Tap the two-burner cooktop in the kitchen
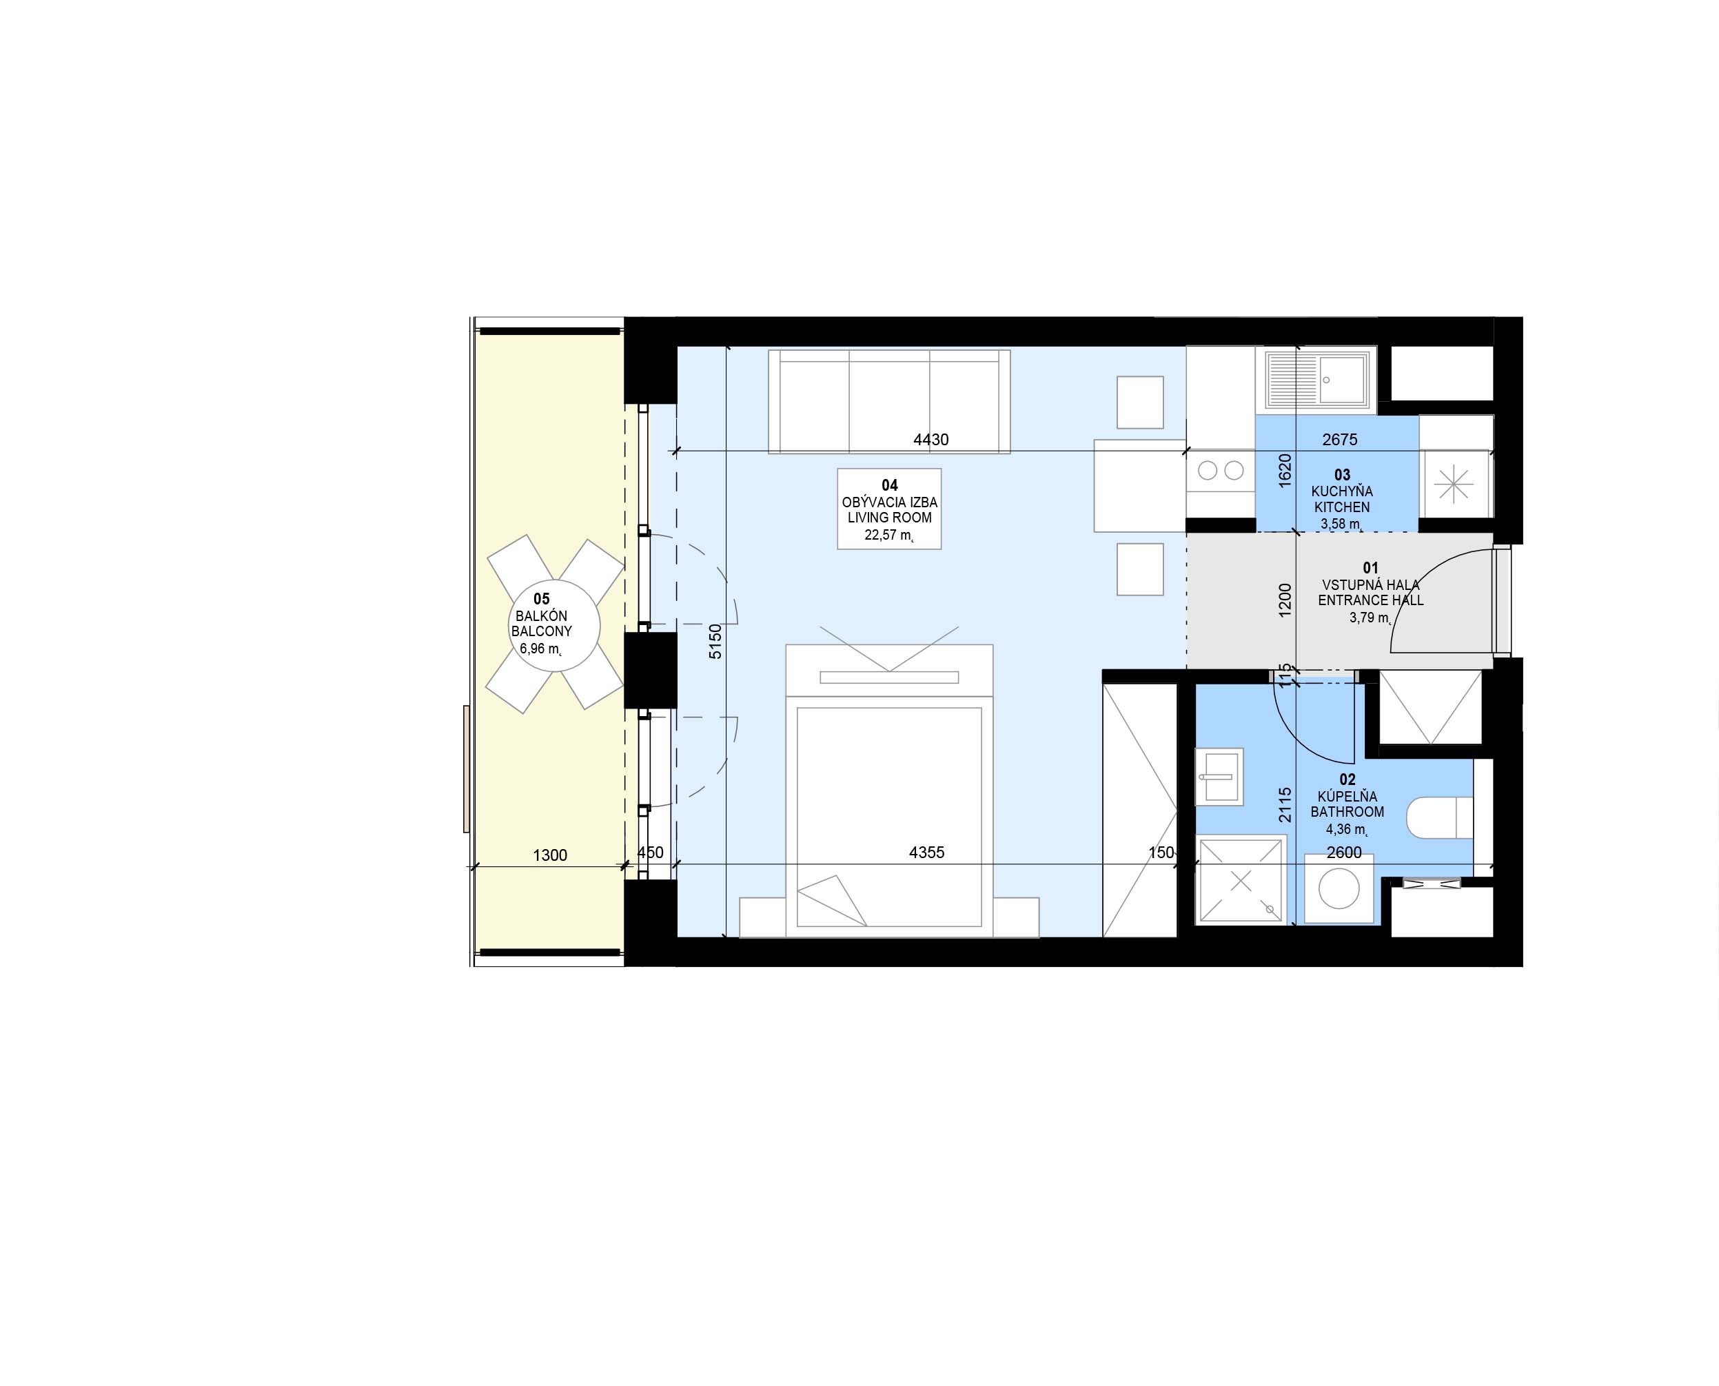pos(1221,470)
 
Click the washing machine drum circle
pos(1339,888)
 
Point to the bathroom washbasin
pos(1219,775)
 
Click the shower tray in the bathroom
pos(1241,881)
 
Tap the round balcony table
pos(553,624)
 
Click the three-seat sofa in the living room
pos(888,401)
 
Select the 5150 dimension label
pos(715,641)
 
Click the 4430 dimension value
pos(931,440)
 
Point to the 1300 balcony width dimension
pos(550,856)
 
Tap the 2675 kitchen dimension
pos(1340,440)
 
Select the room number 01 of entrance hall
pos(1371,568)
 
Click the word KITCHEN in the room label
pos(1342,507)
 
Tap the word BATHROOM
pos(1347,812)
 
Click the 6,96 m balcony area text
pos(541,649)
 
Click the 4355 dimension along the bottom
pos(926,853)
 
